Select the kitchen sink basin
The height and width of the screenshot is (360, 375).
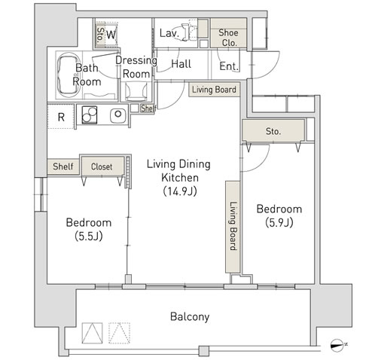coord(118,115)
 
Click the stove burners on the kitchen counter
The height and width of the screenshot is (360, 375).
coord(89,115)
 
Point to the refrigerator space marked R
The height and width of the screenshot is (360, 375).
coord(61,117)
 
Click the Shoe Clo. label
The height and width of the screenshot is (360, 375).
coord(228,38)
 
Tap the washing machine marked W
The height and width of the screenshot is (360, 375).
coord(111,35)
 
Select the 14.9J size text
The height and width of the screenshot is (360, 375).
coord(180,191)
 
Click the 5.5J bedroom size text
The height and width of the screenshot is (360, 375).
coord(89,236)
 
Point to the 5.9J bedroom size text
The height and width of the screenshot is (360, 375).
coord(279,223)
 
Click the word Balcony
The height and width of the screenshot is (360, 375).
coord(190,317)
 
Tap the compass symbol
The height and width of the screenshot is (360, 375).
coord(337,345)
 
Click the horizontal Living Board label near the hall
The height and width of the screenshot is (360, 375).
coord(214,90)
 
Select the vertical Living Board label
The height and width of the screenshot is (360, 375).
coord(233,226)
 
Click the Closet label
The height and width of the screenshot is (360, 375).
coord(102,166)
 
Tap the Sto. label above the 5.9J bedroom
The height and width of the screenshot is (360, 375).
coord(273,131)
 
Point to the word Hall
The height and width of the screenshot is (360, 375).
coord(181,64)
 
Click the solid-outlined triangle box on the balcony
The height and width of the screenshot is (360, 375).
coord(93,333)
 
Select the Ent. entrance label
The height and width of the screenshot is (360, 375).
coord(229,66)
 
